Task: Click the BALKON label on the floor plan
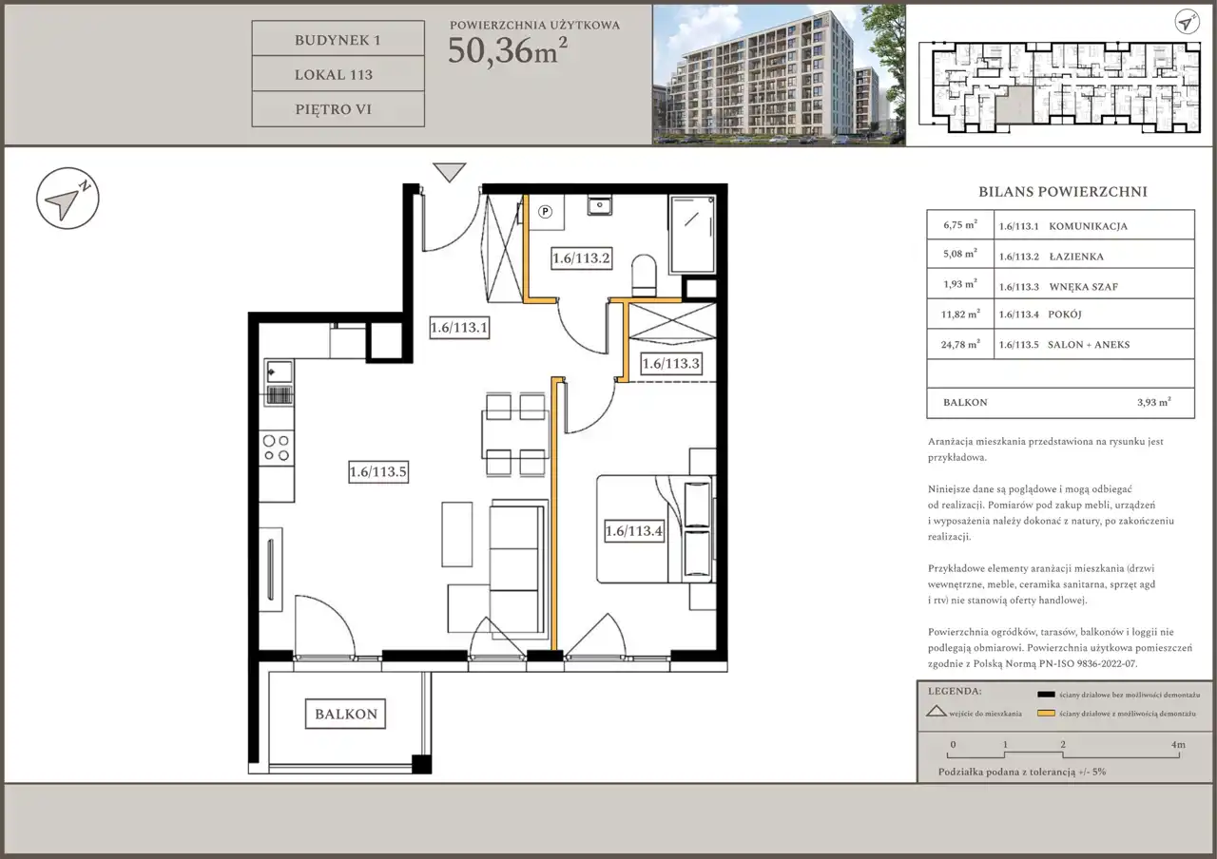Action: [x=345, y=714]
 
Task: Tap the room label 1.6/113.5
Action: [x=378, y=471]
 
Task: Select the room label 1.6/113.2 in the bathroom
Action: [x=581, y=258]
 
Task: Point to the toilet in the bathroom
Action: [x=644, y=275]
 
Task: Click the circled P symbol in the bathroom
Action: [x=545, y=212]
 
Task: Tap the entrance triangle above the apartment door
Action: [x=450, y=172]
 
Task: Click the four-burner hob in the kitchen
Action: [x=277, y=448]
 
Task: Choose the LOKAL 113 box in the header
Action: [x=338, y=74]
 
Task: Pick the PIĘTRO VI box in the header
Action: [x=338, y=109]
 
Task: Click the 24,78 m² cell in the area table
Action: [x=960, y=344]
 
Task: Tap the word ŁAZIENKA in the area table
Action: [x=1076, y=257]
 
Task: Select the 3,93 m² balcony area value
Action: [x=1154, y=402]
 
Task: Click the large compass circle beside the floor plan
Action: [x=68, y=199]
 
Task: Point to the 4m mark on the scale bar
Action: [x=1178, y=744]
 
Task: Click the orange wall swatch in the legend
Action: [x=1046, y=713]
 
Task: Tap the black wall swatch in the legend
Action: [x=1046, y=694]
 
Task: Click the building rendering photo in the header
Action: [x=779, y=75]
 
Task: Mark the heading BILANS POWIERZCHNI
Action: [x=1063, y=192]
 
